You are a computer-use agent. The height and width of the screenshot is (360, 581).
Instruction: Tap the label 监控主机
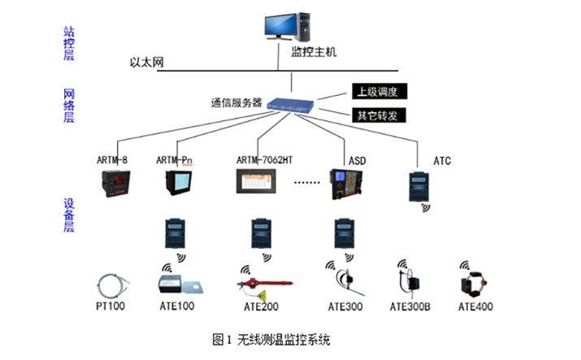point(313,53)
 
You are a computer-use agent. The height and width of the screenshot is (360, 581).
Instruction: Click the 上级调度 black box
point(378,90)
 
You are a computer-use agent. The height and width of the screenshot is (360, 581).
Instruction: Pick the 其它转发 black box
point(378,115)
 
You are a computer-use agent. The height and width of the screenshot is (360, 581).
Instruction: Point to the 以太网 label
point(147,63)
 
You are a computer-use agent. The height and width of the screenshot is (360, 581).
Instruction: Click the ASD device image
point(345,184)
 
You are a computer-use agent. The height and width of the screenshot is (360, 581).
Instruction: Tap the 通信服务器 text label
point(236,103)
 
